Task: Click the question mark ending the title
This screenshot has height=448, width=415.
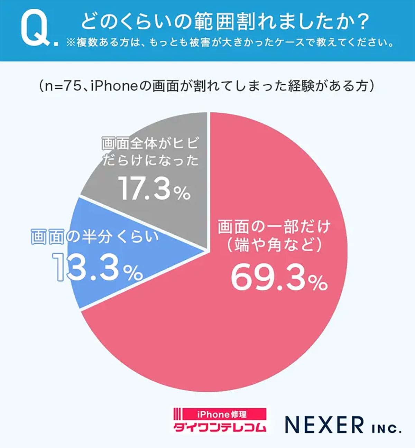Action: point(362,21)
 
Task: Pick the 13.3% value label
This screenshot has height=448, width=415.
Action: point(98,268)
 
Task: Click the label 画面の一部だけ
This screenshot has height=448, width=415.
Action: point(274,227)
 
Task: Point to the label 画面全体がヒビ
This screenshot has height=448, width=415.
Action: point(150,143)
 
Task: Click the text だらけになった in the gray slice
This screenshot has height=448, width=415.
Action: point(150,160)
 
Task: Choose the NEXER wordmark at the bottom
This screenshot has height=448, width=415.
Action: point(324,425)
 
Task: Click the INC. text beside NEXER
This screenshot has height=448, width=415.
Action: point(386,429)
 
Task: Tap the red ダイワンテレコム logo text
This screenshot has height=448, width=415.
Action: point(220,427)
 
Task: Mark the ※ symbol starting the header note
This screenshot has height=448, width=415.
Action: point(71,43)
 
